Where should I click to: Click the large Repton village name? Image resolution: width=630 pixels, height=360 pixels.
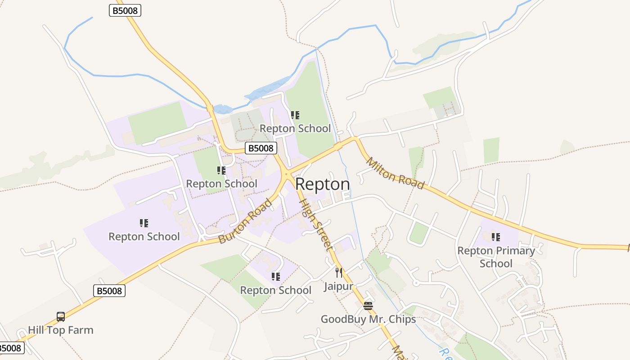point(322,184)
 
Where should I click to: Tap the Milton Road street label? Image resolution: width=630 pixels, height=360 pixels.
point(395,174)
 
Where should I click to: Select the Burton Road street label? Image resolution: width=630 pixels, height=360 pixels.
point(245,221)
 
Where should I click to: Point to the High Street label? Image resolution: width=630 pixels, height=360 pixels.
point(316,225)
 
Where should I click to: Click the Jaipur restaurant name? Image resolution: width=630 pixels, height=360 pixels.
point(338,287)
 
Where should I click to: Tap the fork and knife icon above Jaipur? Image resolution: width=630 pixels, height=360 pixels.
point(339,273)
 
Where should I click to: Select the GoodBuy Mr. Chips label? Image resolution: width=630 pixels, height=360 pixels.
point(368,319)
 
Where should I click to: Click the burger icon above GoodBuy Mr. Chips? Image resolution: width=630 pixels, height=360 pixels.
point(368,306)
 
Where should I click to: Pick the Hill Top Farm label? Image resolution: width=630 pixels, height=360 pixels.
point(61,330)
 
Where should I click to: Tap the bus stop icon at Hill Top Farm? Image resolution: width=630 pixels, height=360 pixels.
point(61,317)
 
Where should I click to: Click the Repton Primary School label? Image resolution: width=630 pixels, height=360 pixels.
point(496,257)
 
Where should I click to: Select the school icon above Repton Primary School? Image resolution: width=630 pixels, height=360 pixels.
point(496,237)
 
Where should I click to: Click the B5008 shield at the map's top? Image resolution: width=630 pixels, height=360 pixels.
point(125,10)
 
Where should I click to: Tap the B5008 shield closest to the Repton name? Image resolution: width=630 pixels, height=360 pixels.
point(261,148)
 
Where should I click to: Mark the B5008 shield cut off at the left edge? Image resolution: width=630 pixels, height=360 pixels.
point(10,348)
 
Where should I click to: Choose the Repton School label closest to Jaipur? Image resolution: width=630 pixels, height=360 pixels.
point(275,290)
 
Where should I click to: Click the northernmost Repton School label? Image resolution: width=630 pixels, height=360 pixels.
point(295,129)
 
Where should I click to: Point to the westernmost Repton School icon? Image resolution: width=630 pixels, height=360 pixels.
point(144,223)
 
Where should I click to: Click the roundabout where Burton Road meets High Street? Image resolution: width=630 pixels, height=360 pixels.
point(286,173)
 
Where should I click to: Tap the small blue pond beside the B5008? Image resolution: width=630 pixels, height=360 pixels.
point(223,109)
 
